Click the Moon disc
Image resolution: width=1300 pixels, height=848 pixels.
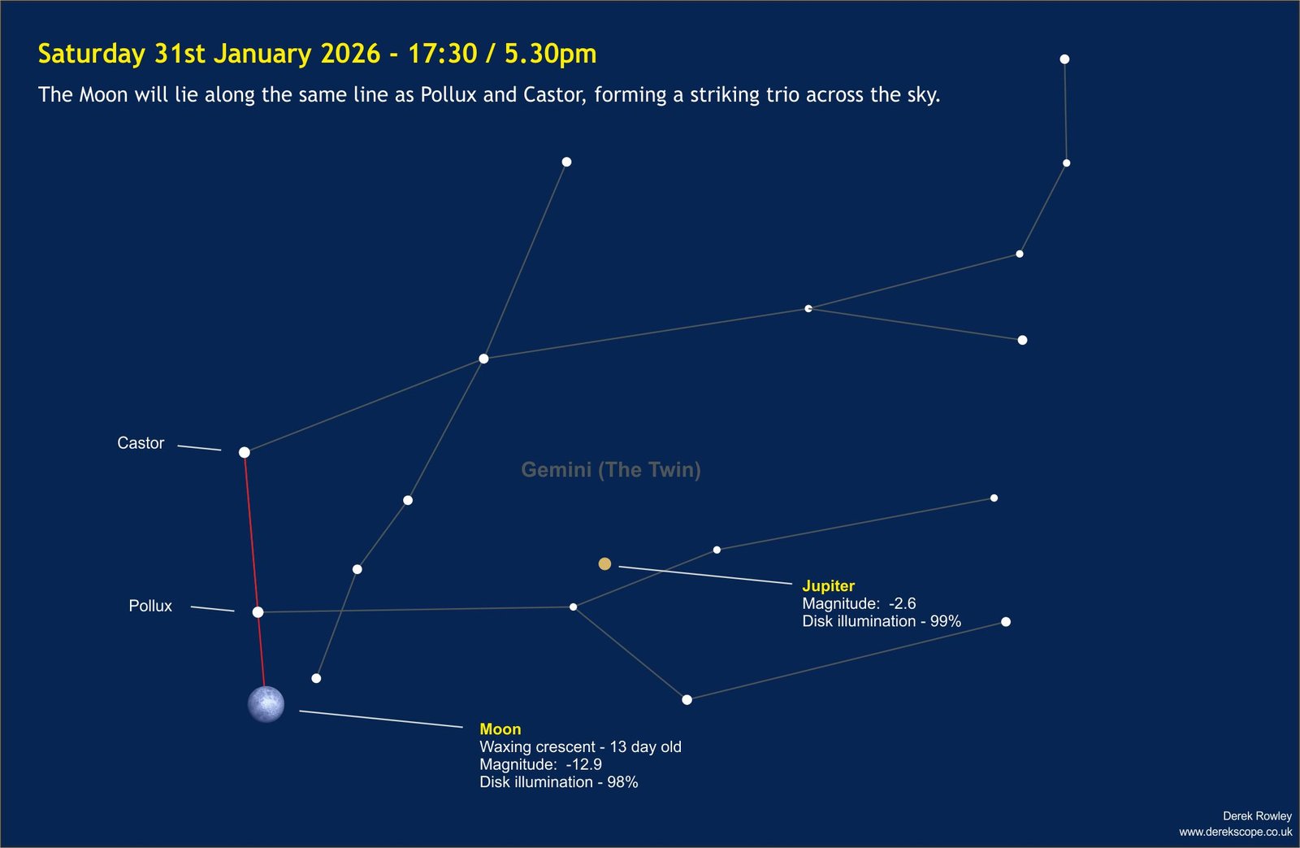pos(266,704)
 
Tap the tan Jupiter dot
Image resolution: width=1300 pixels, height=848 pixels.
pos(604,564)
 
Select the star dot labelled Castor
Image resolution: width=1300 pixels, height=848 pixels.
pos(245,453)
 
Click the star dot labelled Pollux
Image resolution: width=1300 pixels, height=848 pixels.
pos(258,612)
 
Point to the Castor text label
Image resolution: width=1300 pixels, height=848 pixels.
pos(141,443)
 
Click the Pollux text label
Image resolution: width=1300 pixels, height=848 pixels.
pos(150,606)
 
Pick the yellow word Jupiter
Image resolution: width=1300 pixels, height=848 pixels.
pos(828,585)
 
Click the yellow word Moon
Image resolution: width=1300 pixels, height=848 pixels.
pos(500,729)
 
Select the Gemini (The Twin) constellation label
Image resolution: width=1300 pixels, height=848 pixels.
pos(611,469)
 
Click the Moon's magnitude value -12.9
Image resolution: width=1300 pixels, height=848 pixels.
pos(584,764)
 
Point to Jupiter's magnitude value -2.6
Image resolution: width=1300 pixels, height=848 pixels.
pos(903,603)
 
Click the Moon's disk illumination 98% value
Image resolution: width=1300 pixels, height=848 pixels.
pos(622,782)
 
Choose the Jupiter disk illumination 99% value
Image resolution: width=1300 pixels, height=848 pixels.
pos(946,621)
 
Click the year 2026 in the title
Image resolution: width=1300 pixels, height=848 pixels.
pos(350,54)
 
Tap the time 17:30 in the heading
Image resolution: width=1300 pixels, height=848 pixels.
pos(442,54)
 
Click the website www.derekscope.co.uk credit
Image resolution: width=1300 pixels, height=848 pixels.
pos(1236,832)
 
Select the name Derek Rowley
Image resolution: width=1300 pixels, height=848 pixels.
pos(1257,816)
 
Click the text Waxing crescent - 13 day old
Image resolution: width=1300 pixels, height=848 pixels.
pos(580,747)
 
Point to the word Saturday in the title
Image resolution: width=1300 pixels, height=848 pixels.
pos(92,54)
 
